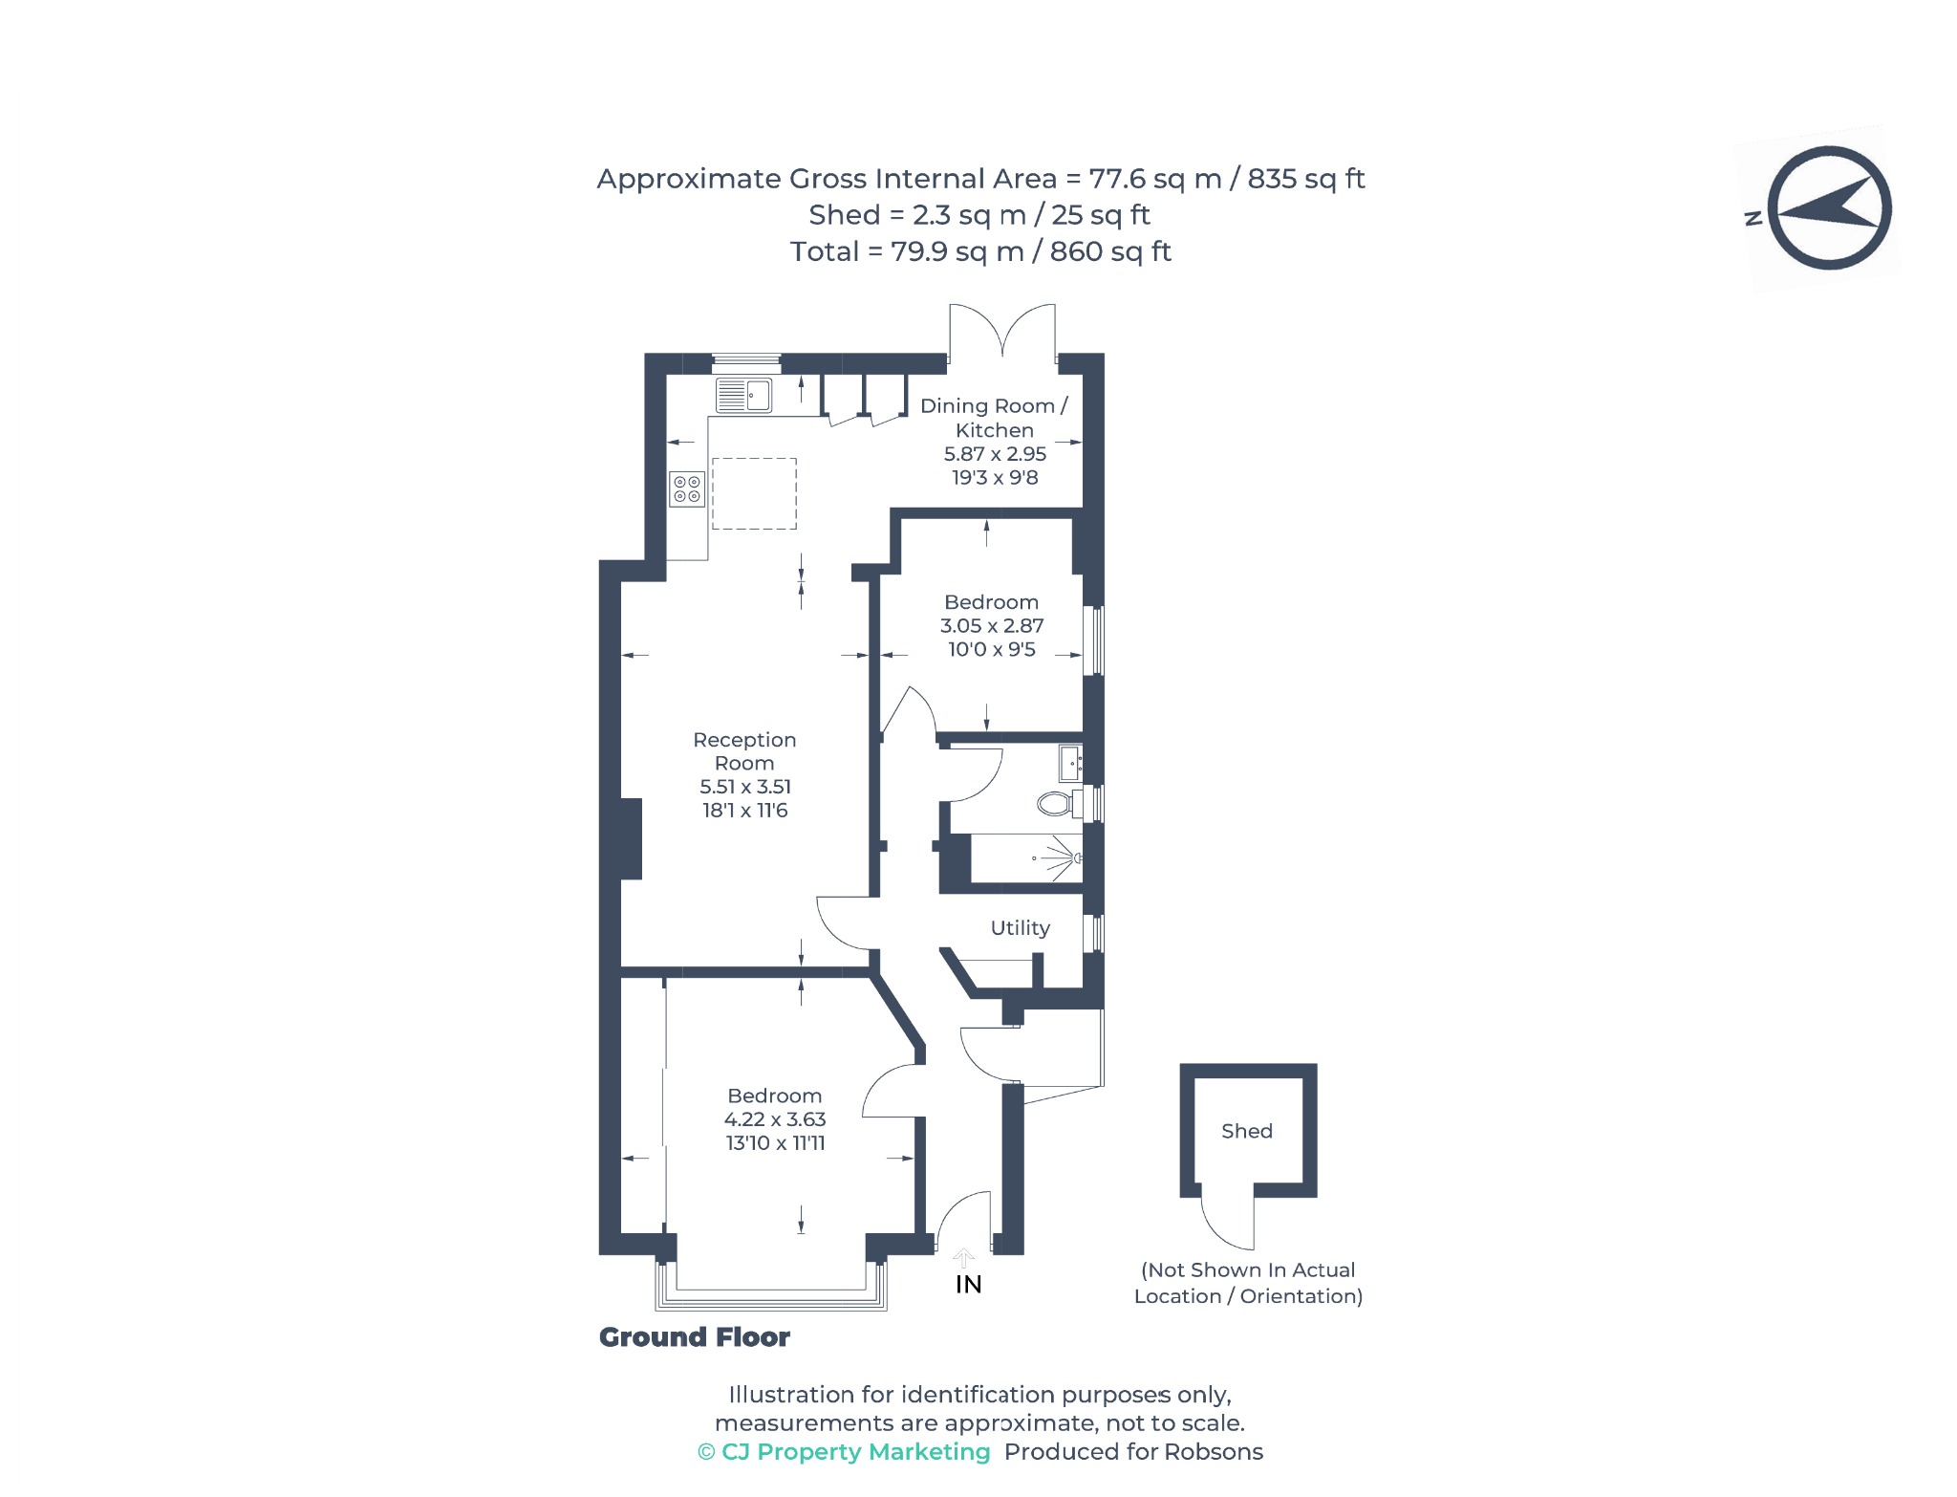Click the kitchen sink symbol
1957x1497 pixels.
tap(743, 396)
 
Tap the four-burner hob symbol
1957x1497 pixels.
tap(687, 489)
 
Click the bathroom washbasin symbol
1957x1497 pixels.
tap(1071, 764)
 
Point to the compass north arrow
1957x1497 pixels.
tap(1829, 208)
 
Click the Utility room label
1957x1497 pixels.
tap(1020, 928)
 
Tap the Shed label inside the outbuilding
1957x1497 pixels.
tap(1247, 1131)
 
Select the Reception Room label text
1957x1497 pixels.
tap(744, 751)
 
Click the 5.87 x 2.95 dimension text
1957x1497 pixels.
tap(995, 454)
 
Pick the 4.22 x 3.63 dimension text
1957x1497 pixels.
tap(775, 1119)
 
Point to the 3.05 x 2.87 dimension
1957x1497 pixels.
tap(992, 626)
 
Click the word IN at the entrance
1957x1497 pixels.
tap(969, 1285)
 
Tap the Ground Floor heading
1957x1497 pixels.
tap(695, 1337)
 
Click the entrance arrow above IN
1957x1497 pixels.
tap(964, 1258)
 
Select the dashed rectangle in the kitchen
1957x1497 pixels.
tap(754, 493)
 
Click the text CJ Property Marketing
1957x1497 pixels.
tap(856, 1452)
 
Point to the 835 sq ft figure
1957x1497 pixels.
tap(1306, 179)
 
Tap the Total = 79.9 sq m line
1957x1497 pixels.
tap(980, 251)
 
